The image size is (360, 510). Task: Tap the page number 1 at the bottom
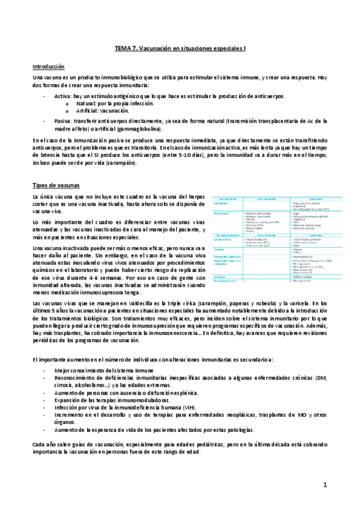tap(325, 484)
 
